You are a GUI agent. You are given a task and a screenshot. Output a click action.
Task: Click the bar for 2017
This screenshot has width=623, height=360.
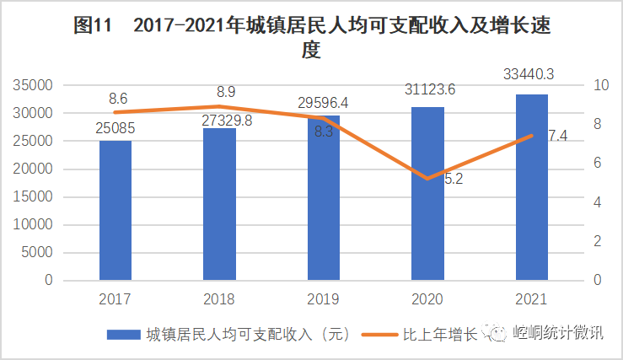[x=115, y=210]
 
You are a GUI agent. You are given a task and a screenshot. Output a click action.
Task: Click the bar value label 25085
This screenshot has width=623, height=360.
[x=115, y=130]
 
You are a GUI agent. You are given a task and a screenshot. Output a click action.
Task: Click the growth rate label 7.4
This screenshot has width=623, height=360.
[x=556, y=136]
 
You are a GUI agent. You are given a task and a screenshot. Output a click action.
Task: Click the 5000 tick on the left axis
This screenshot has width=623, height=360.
[x=37, y=252]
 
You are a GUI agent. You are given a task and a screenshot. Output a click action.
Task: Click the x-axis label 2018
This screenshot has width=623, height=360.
[x=219, y=299]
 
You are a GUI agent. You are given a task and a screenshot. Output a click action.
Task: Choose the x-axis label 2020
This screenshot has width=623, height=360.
[x=427, y=299]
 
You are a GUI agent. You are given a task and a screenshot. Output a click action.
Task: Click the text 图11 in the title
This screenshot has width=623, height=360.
[x=92, y=26]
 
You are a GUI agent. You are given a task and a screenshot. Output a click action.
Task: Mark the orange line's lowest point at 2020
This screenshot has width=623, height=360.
[x=427, y=179]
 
